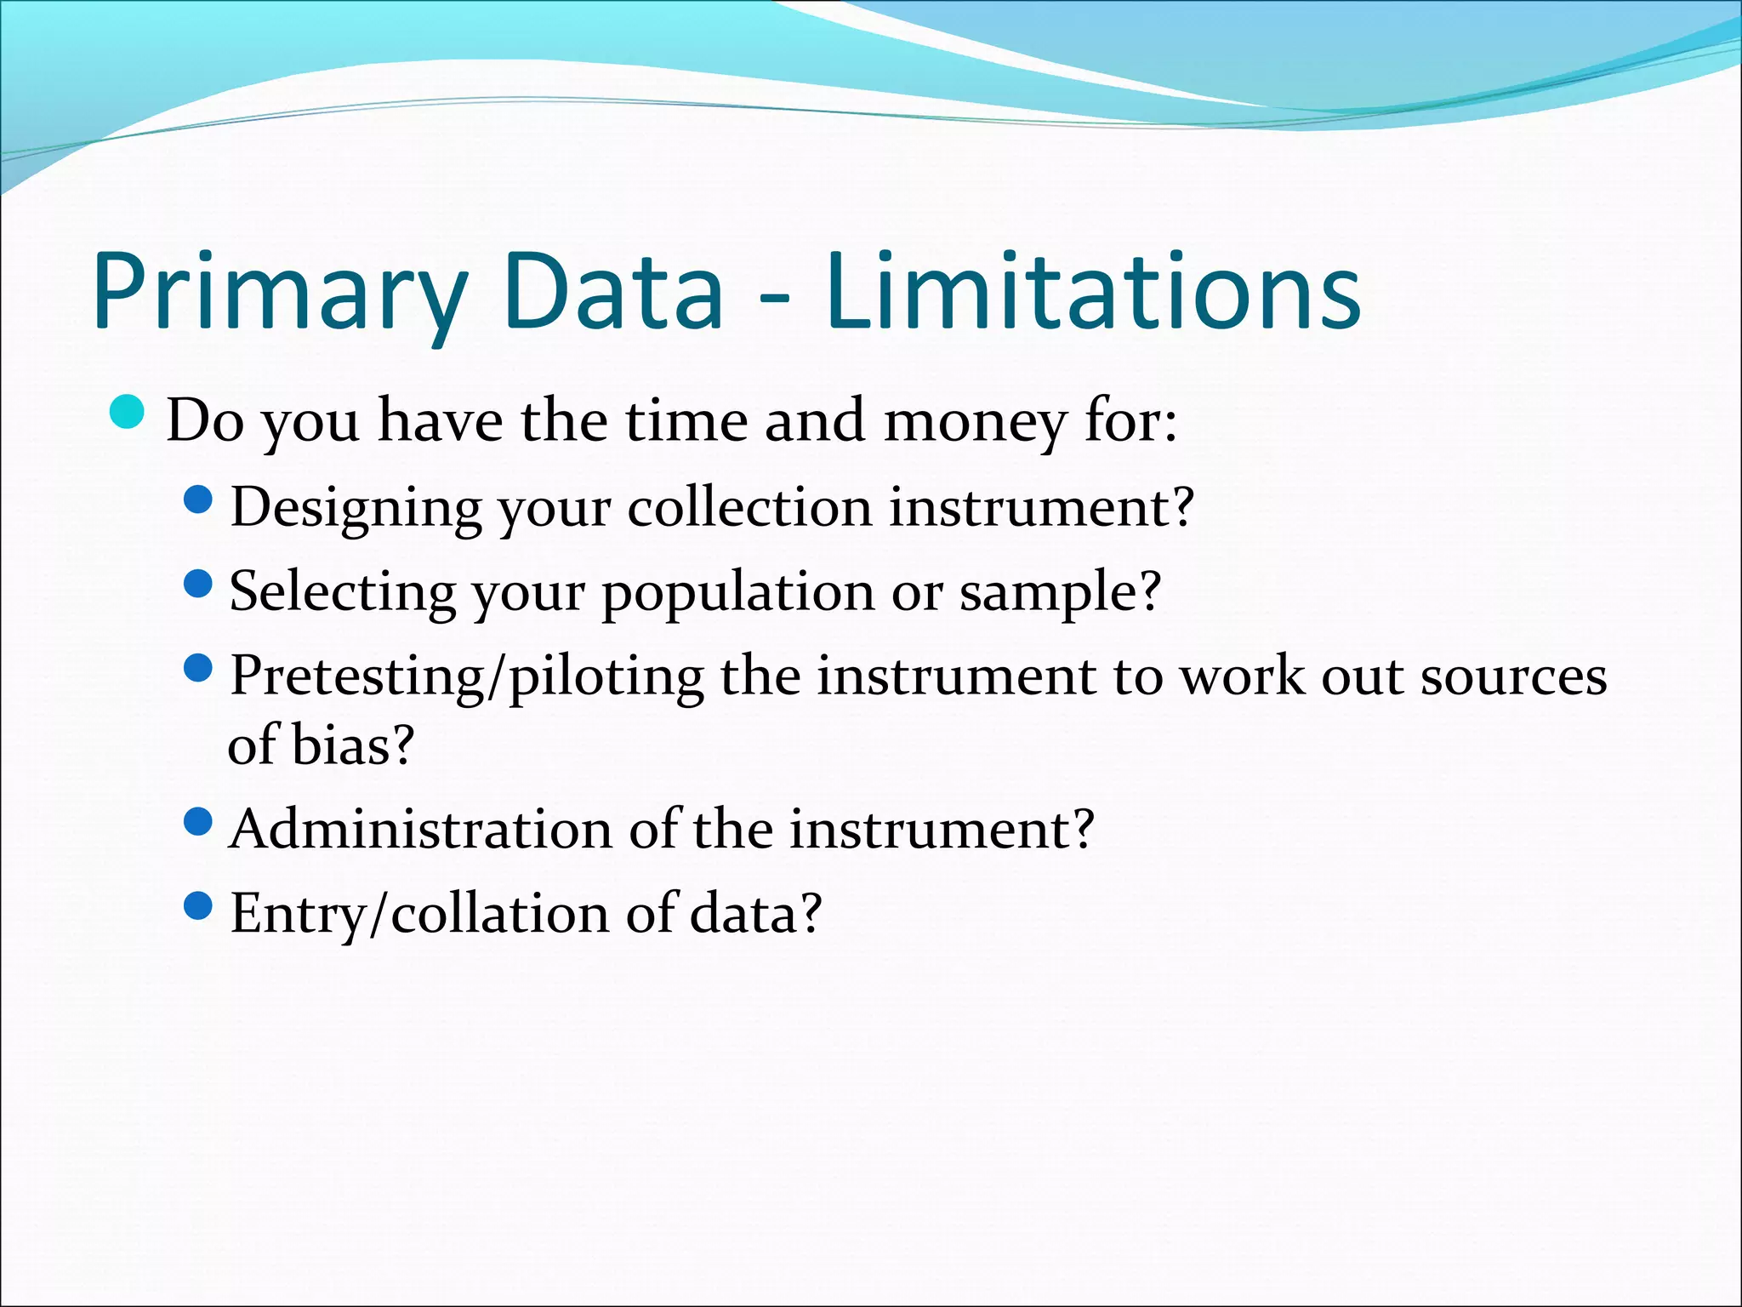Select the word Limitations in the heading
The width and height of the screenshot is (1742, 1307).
coord(1092,291)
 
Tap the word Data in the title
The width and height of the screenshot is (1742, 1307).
coord(613,291)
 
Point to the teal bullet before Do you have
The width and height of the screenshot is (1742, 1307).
coord(128,413)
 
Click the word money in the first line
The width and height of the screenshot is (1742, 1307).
coord(975,421)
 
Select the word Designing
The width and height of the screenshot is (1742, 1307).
coord(356,508)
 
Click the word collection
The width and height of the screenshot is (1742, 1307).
coord(749,508)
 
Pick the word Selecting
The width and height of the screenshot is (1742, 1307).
coord(342,592)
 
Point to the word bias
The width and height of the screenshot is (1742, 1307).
coord(340,745)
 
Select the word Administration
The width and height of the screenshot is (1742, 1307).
coord(420,829)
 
